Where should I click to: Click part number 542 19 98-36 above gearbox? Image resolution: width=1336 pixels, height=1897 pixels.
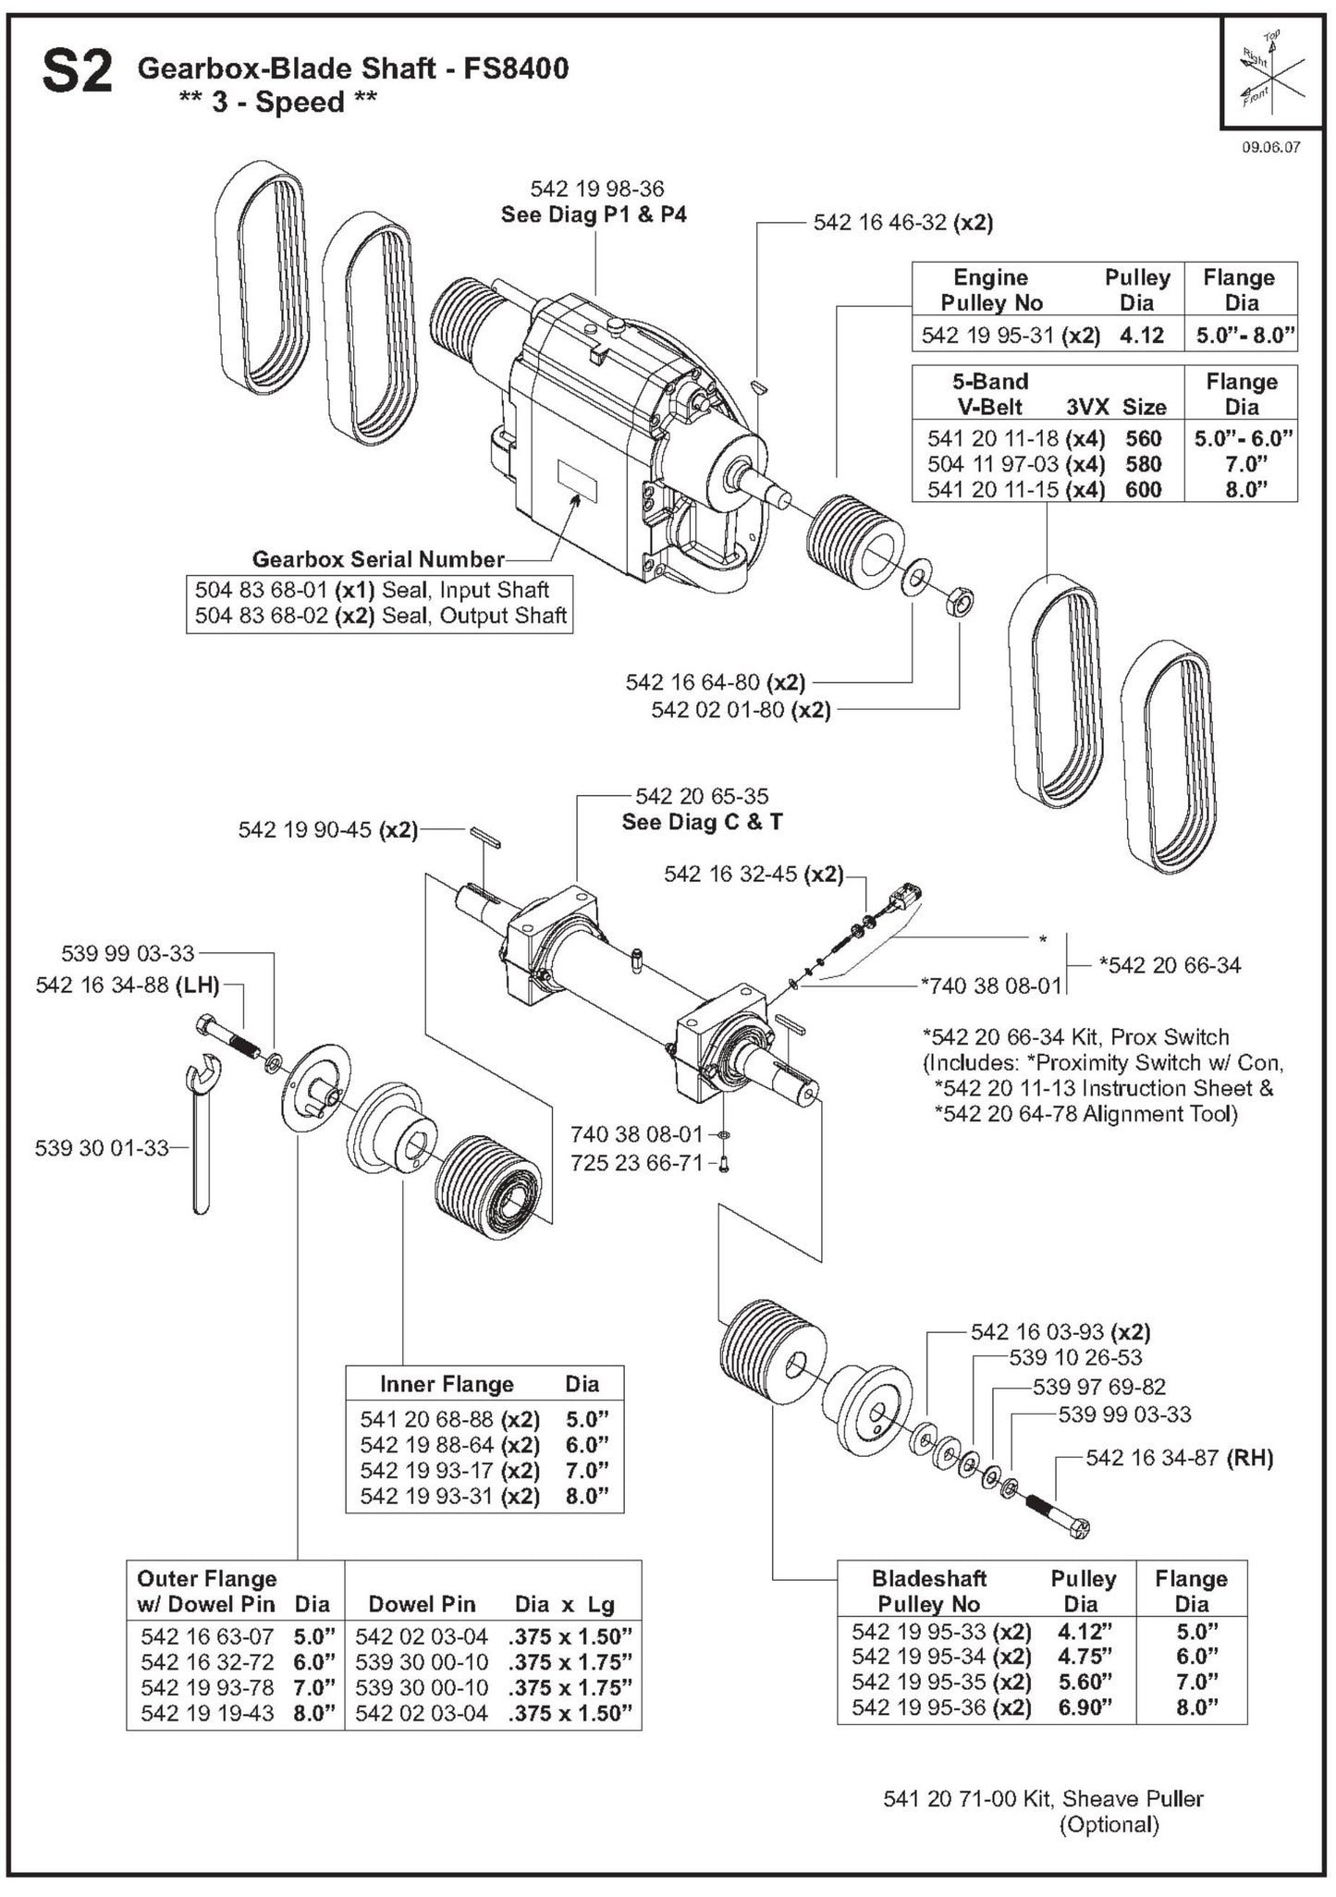coord(596,189)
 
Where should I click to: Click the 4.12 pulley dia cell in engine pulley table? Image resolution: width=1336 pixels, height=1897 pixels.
coord(1141,336)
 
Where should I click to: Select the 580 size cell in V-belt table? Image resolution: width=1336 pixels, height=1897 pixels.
coord(1143,464)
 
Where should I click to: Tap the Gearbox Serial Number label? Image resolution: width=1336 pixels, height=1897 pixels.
coord(378,559)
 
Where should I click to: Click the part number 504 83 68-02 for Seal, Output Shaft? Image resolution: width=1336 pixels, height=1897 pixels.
coord(262,616)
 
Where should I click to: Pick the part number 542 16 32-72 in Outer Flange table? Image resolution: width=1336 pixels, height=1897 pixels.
coord(207,1661)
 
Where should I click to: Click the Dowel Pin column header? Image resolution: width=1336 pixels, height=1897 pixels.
coord(422,1604)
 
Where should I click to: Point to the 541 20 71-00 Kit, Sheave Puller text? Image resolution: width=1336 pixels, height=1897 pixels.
coord(1043,1799)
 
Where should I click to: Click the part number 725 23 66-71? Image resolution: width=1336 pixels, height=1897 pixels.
coord(636,1163)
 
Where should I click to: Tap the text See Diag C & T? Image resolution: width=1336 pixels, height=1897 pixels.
coord(702,822)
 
